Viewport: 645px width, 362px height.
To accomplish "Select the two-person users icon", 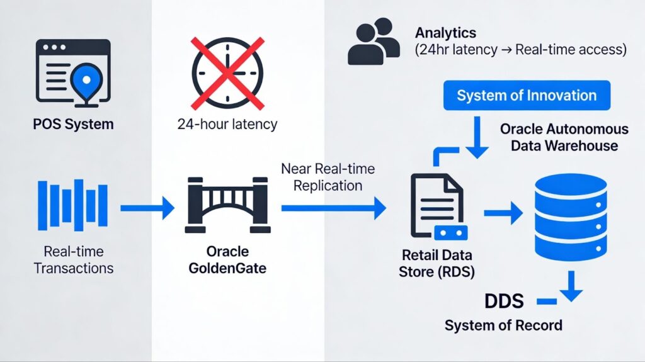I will tap(374, 42).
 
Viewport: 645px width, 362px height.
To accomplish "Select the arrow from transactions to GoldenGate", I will tap(147, 207).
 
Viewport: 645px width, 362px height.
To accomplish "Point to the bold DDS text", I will tap(504, 301).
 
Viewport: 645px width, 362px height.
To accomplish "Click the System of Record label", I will tap(503, 325).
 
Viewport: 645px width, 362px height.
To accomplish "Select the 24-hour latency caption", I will tap(227, 124).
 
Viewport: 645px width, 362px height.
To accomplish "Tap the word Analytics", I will tap(445, 33).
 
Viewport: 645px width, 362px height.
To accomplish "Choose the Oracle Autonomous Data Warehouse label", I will tap(564, 137).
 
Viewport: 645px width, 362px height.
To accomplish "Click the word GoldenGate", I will tap(227, 268).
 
